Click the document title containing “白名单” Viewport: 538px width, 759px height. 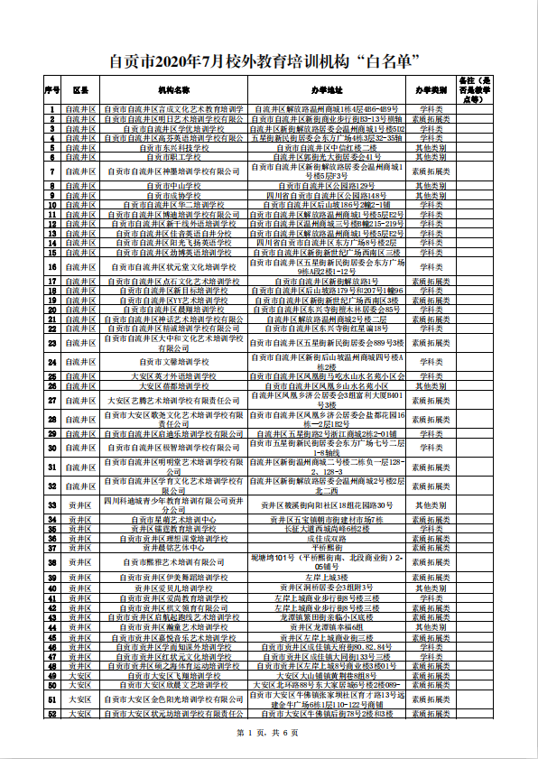268,61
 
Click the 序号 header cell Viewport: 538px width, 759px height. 51,91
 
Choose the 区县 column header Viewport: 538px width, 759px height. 80,91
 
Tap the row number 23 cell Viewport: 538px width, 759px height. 51,343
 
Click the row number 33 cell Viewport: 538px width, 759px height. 51,504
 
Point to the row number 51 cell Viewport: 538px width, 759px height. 51,699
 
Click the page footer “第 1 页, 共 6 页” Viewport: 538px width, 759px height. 268,732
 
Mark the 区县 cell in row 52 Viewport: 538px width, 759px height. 80,714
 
